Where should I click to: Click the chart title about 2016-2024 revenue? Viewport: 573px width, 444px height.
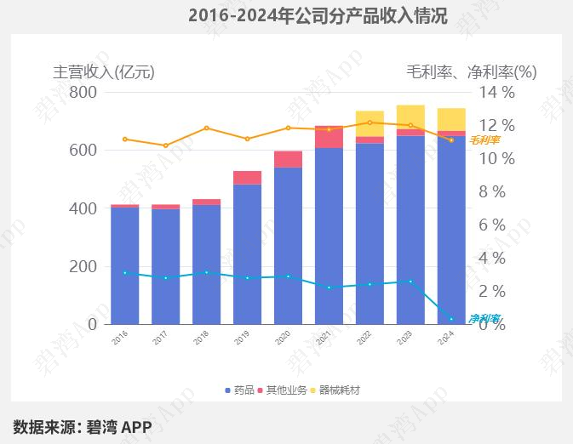click(318, 15)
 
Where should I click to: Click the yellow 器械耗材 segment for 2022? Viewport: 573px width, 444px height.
click(370, 123)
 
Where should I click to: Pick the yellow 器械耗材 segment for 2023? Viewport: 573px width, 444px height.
click(410, 117)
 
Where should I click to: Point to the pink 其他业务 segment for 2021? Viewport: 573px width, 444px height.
click(329, 137)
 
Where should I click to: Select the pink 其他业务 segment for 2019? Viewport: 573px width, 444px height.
click(247, 177)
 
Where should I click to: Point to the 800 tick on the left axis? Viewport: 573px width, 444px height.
click(83, 92)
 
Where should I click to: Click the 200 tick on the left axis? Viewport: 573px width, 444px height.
click(83, 266)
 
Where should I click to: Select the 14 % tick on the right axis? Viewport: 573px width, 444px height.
click(496, 92)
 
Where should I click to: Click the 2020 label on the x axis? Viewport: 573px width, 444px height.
click(284, 338)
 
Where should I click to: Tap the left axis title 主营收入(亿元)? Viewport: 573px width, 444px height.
click(104, 71)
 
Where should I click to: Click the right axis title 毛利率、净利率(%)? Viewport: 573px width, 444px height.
click(471, 71)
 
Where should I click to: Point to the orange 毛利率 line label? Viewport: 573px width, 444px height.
click(484, 139)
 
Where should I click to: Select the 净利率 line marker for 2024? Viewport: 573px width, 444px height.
click(451, 319)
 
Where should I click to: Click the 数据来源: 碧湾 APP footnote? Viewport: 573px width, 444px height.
click(82, 426)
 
